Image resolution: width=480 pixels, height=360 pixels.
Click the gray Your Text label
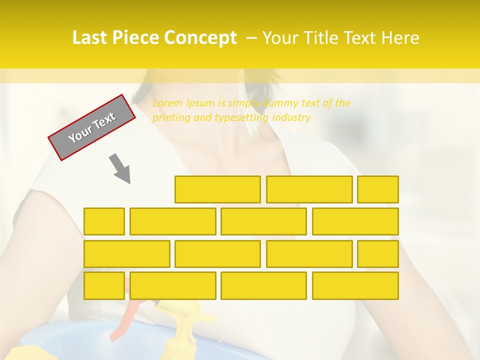tap(92, 127)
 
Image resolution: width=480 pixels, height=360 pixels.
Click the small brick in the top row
tap(378, 189)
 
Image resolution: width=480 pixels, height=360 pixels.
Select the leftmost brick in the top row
tap(217, 189)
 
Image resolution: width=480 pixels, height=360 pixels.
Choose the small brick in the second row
tap(104, 221)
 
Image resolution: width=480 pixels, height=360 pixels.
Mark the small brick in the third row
tap(378, 253)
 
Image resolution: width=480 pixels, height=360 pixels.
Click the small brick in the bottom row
tap(104, 285)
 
